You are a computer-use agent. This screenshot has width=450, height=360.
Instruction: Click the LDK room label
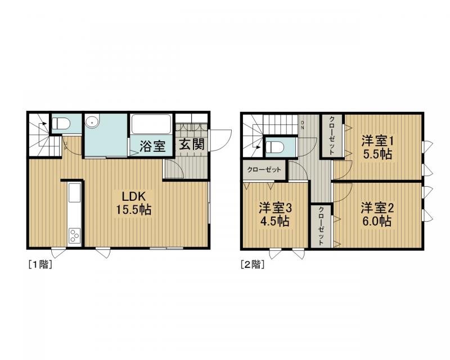coord(134,196)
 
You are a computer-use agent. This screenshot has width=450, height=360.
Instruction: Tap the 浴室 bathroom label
coord(152,146)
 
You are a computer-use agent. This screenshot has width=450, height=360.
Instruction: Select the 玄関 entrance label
coord(192,145)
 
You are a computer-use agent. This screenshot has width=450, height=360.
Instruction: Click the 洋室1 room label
coord(377,141)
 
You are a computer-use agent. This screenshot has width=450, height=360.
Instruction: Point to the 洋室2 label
coord(377,208)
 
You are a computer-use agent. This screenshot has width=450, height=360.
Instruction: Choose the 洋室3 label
coord(275,208)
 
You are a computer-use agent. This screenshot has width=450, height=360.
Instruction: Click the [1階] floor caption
coord(40,264)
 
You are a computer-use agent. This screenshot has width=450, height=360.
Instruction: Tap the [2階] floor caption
coord(253,264)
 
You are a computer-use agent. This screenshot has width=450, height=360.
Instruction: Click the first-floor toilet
coord(61,124)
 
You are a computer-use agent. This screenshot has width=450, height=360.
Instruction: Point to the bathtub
coord(151,124)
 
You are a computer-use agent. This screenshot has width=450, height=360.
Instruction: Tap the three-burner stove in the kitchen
coord(75,236)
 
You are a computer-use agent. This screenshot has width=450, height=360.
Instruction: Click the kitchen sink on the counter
coord(74,193)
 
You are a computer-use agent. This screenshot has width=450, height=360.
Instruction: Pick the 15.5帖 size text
coord(133,210)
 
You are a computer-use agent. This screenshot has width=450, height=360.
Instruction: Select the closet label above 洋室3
coord(264,170)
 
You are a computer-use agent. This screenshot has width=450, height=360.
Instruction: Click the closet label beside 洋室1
coord(332,135)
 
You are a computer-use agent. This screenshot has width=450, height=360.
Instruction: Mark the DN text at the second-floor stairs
coord(302,125)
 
